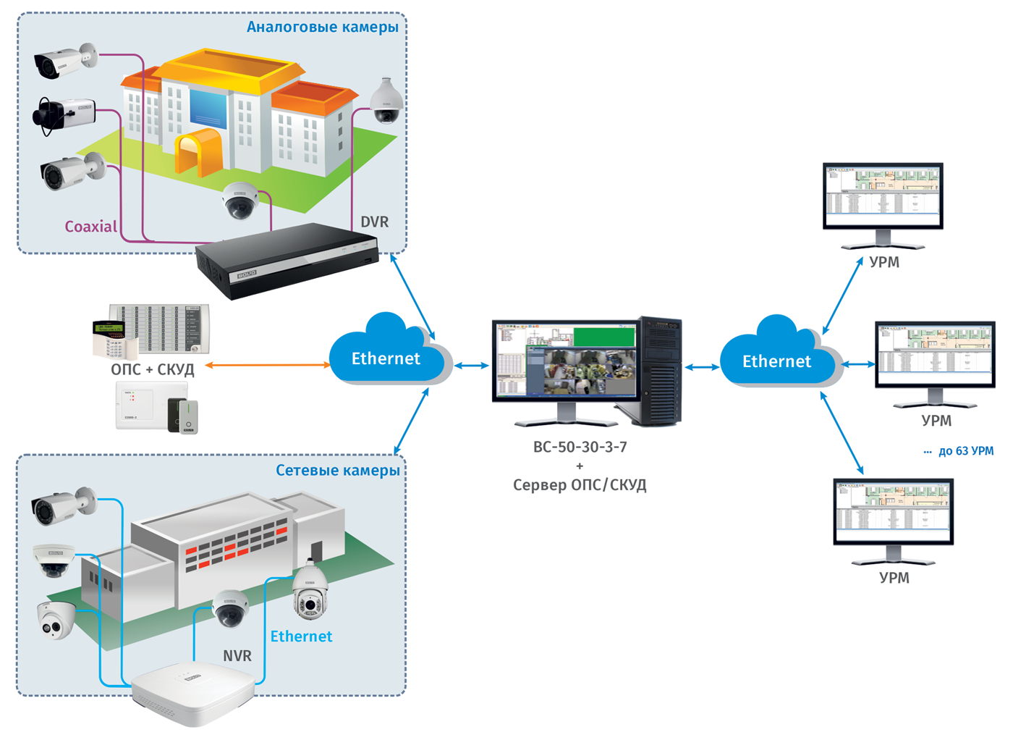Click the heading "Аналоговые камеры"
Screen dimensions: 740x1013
[322, 28]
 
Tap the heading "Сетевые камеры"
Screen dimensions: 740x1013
[337, 471]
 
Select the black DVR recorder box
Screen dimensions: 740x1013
[288, 260]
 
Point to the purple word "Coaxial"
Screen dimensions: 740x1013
[90, 227]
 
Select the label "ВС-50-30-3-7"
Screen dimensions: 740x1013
[580, 447]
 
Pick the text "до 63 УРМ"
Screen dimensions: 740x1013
[965, 451]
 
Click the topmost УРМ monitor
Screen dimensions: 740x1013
[883, 195]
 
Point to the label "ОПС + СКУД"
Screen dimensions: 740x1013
[153, 369]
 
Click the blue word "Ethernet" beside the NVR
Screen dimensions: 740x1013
[301, 636]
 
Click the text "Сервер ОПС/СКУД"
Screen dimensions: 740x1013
[580, 485]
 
